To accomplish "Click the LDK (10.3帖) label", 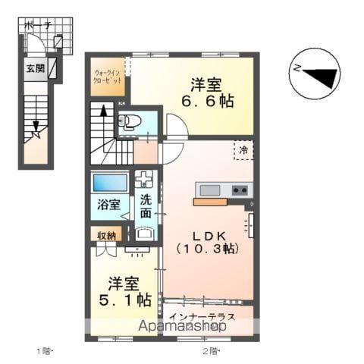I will [x=207, y=241].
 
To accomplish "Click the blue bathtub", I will [x=110, y=183].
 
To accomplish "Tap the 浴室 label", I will [x=108, y=204].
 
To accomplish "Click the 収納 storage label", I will [x=107, y=235].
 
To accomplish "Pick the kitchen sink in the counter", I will [x=209, y=189].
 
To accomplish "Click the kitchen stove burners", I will [x=240, y=189].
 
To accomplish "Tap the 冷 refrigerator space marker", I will [x=243, y=150].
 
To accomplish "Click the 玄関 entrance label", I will [x=35, y=67].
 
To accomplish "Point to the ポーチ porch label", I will [x=38, y=26].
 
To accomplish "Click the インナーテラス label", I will [x=202, y=315].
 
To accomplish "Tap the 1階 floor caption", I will [x=45, y=350].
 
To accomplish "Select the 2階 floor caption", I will [x=210, y=350].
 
